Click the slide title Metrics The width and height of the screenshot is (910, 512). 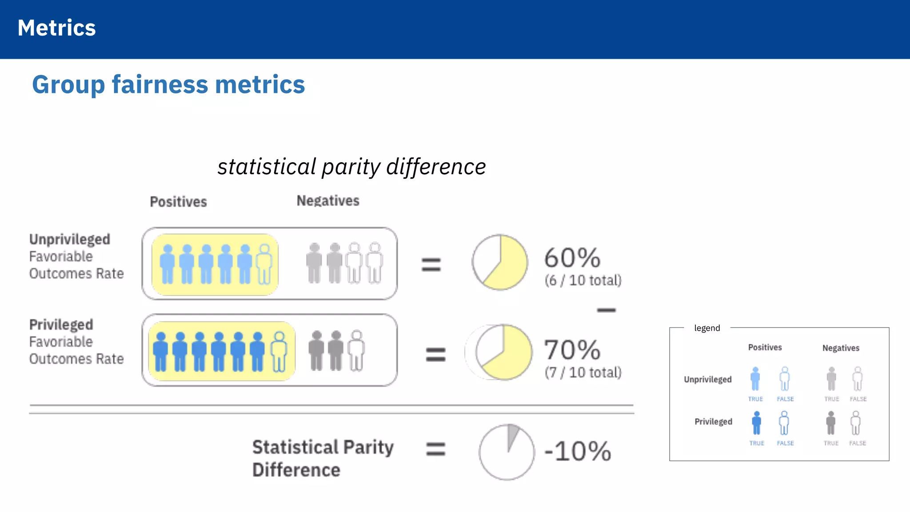56,28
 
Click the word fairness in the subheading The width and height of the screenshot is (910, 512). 160,84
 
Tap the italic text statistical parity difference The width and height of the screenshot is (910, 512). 351,167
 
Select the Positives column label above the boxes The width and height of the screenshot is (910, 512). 178,202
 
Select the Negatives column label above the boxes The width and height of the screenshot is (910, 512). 328,201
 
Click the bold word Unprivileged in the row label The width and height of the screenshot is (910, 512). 70,239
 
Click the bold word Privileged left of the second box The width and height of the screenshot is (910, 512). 61,324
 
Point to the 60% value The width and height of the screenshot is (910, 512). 572,258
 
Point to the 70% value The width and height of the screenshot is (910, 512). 572,350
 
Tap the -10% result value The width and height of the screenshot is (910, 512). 578,451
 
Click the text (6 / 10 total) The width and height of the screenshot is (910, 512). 583,280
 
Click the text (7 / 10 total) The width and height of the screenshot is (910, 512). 583,372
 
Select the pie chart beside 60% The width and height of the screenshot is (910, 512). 500,262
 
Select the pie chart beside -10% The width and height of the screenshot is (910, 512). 507,452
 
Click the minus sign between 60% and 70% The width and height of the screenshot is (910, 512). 606,310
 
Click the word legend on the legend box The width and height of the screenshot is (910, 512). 707,328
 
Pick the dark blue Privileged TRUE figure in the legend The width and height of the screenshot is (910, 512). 756,423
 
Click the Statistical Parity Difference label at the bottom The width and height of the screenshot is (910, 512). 323,458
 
